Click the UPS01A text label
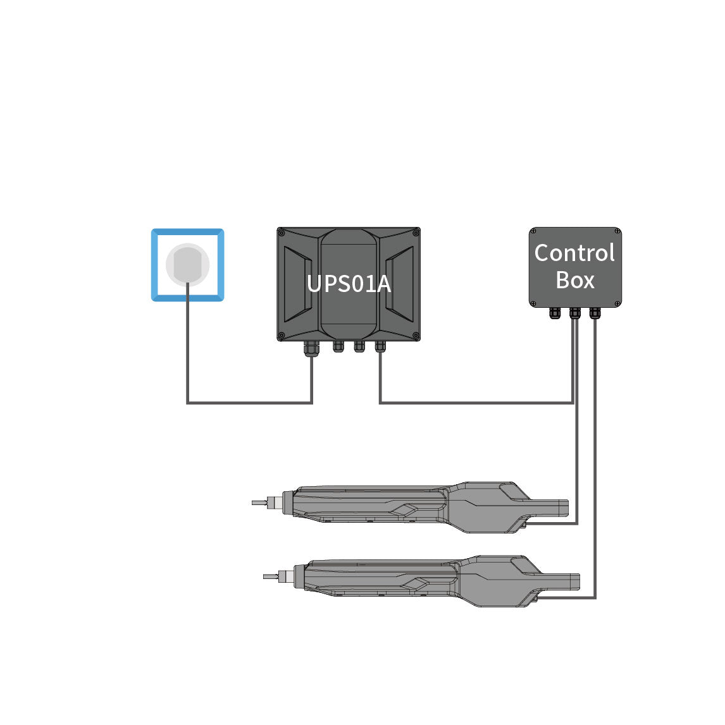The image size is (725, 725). [349, 283]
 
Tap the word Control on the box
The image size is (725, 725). [574, 253]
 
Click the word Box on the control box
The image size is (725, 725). [575, 280]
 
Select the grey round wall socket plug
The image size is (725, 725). [188, 264]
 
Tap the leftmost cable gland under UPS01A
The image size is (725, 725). [311, 348]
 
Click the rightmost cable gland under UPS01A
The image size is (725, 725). [380, 346]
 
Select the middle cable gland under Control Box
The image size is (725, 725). [574, 313]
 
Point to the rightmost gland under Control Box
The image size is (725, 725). [595, 313]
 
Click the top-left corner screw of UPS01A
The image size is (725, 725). [282, 233]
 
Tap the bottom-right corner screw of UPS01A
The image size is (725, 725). [416, 336]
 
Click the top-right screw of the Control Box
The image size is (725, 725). [617, 231]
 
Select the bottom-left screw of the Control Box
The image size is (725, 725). [533, 303]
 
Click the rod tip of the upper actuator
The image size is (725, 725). [253, 503]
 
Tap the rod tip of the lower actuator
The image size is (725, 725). [264, 576]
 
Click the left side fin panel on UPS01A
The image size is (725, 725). [298, 284]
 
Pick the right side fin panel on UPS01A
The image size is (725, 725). [400, 284]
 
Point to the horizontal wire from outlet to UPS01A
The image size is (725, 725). [249, 403]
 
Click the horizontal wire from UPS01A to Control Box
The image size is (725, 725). [476, 403]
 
